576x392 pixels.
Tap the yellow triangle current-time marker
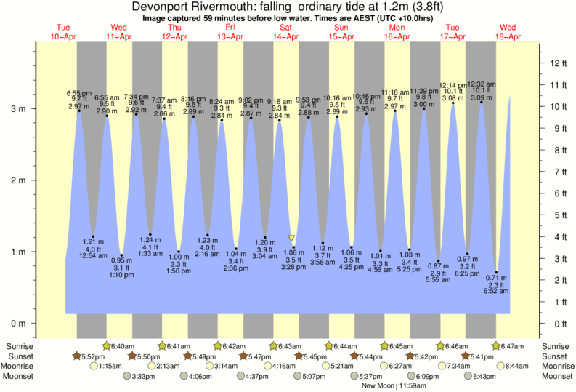pos(291,238)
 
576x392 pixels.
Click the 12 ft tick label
pos(560,63)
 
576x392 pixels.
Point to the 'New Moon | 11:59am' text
pos(394,385)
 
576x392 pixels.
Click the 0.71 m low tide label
pos(497,278)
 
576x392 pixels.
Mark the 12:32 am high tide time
pos(482,84)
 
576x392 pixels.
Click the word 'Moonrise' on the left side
pos(20,367)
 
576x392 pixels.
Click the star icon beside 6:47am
pos(496,345)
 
